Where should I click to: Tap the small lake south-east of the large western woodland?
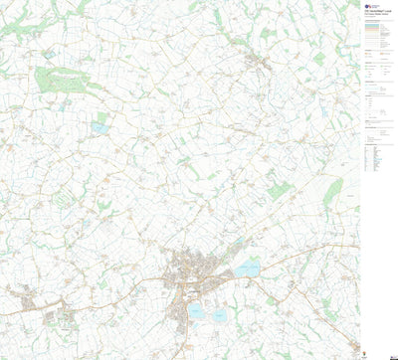pyautogui.click(x=101, y=127)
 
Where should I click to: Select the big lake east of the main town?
pyautogui.click(x=247, y=268)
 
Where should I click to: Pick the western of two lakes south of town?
pyautogui.click(x=197, y=311)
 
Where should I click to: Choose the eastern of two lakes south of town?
pyautogui.click(x=220, y=315)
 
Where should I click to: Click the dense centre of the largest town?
pyautogui.click(x=185, y=270)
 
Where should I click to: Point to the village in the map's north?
pyautogui.click(x=261, y=64)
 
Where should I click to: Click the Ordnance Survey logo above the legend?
pyautogui.click(x=368, y=6)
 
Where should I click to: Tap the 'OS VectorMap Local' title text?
pyautogui.click(x=375, y=14)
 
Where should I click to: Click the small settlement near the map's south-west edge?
pyautogui.click(x=22, y=297)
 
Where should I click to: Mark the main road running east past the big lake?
pyautogui.click(x=298, y=261)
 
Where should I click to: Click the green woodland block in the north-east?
pyautogui.click(x=318, y=59)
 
